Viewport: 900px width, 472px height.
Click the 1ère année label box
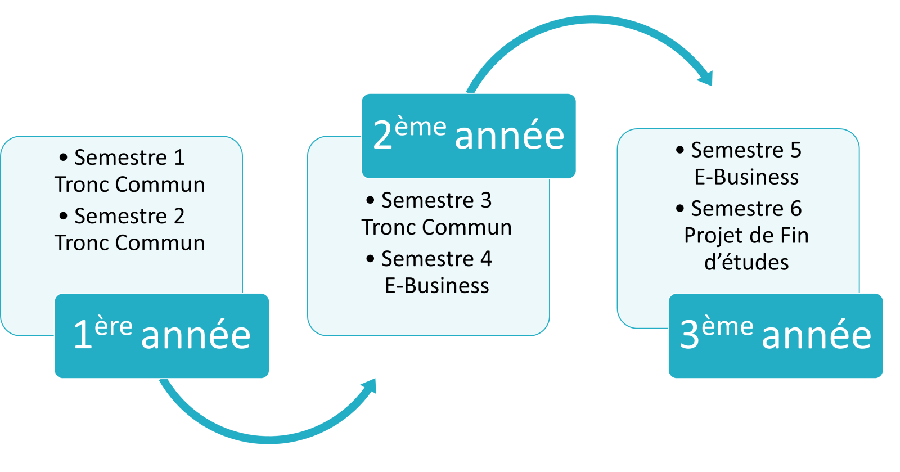pos(162,336)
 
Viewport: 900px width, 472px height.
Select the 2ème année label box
pos(469,136)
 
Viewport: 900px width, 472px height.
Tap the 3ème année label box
pos(776,336)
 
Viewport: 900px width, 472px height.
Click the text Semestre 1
pos(129,158)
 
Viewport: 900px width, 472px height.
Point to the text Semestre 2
pos(129,216)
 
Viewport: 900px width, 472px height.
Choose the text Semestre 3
pos(436,200)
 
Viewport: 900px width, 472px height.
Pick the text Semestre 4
pos(436,259)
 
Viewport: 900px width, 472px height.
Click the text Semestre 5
pos(746,150)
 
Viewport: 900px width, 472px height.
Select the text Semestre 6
pos(746,209)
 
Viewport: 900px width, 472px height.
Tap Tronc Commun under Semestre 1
pos(130,185)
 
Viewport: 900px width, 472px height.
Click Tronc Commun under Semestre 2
pos(130,243)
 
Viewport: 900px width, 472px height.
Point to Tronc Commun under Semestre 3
pos(436,227)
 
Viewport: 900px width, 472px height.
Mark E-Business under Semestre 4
pos(437,286)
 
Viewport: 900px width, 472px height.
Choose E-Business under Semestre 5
pos(746,177)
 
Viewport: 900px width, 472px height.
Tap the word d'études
pos(746,263)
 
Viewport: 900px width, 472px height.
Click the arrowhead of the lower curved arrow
pos(369,387)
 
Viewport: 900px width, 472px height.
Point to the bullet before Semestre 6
pos(680,209)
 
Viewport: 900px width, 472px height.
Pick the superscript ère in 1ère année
pos(113,326)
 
